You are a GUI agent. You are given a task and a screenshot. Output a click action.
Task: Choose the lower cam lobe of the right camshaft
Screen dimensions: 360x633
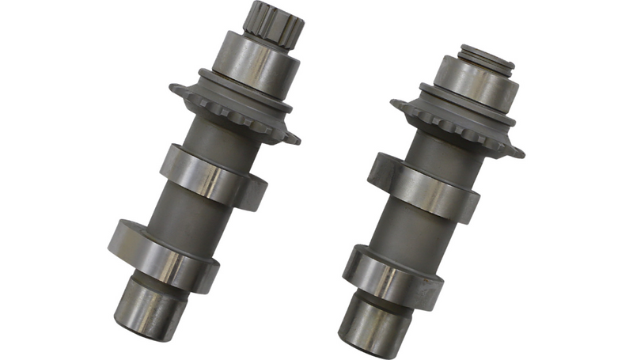coord(387,273)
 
